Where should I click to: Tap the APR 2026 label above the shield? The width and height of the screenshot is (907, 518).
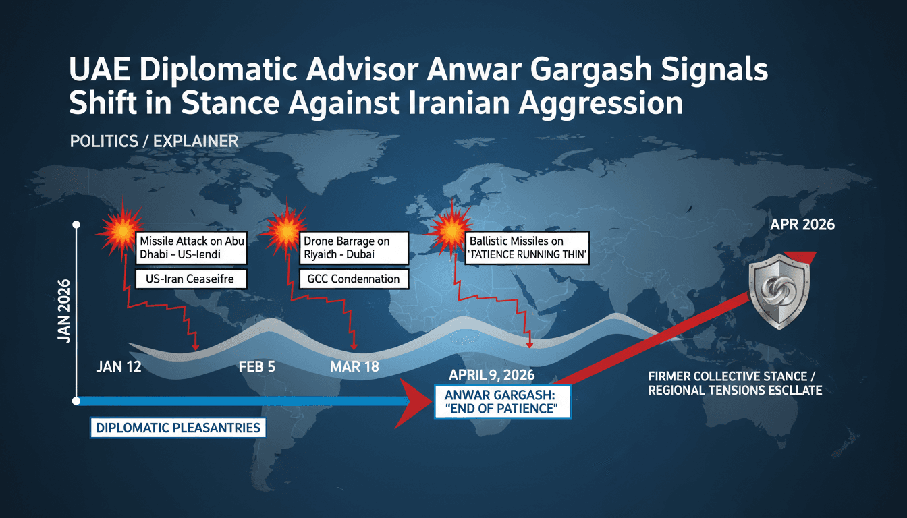[802, 224]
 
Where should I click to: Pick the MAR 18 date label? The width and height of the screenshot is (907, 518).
[354, 368]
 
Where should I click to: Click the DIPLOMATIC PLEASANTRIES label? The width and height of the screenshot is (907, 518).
[177, 428]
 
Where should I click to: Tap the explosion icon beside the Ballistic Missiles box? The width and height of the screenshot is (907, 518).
[447, 231]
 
